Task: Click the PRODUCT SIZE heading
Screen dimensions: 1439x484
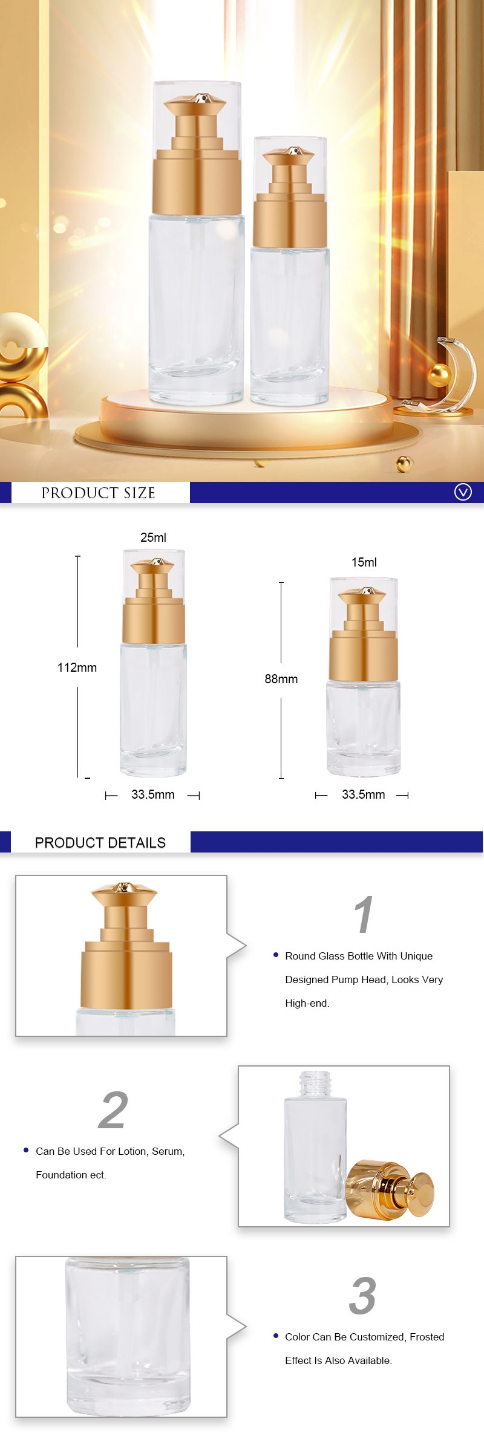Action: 98,493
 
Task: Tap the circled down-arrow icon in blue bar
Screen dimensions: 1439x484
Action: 463,492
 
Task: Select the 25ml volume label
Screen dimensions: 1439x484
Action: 153,538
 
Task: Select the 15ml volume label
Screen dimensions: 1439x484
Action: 364,562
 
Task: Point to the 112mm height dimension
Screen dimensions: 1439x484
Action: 77,668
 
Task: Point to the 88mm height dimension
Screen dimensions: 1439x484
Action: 281,679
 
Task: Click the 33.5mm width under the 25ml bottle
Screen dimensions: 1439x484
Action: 152,794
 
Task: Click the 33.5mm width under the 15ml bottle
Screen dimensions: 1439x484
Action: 363,794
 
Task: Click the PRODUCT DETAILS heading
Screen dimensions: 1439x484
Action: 100,842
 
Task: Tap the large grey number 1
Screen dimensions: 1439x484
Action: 363,915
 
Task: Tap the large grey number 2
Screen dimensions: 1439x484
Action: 113,1110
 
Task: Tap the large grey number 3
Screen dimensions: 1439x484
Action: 362,1296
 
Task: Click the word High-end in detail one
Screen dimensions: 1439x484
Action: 307,1003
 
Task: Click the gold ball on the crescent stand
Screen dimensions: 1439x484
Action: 439,375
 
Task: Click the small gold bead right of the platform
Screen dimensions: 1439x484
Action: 404,464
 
